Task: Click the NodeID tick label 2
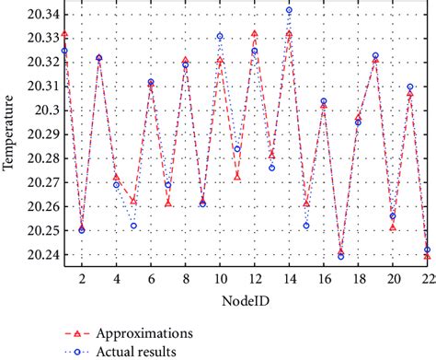[x=82, y=278]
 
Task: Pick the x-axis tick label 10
[x=220, y=278]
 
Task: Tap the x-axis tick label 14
[x=289, y=278]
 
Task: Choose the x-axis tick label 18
[x=358, y=278]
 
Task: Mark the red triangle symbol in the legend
[x=77, y=331]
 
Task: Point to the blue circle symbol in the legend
[x=77, y=351]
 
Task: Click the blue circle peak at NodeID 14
[x=289, y=10]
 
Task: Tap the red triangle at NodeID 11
[x=237, y=176]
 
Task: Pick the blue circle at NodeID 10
[x=220, y=37]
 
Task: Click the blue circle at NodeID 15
[x=306, y=226]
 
